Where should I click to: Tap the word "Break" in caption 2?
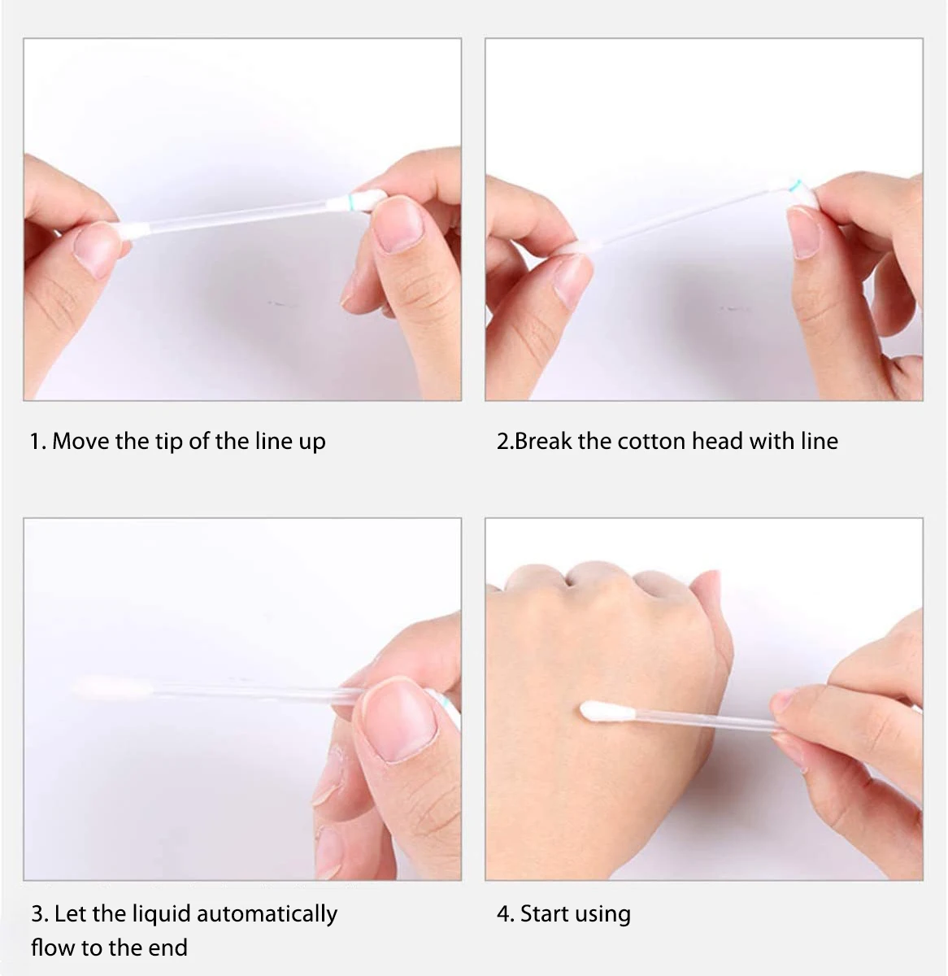[x=544, y=442]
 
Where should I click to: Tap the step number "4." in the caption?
[x=505, y=914]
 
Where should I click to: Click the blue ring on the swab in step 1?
[x=350, y=200]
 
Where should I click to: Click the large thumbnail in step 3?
[x=398, y=719]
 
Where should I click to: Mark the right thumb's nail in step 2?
[x=803, y=232]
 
